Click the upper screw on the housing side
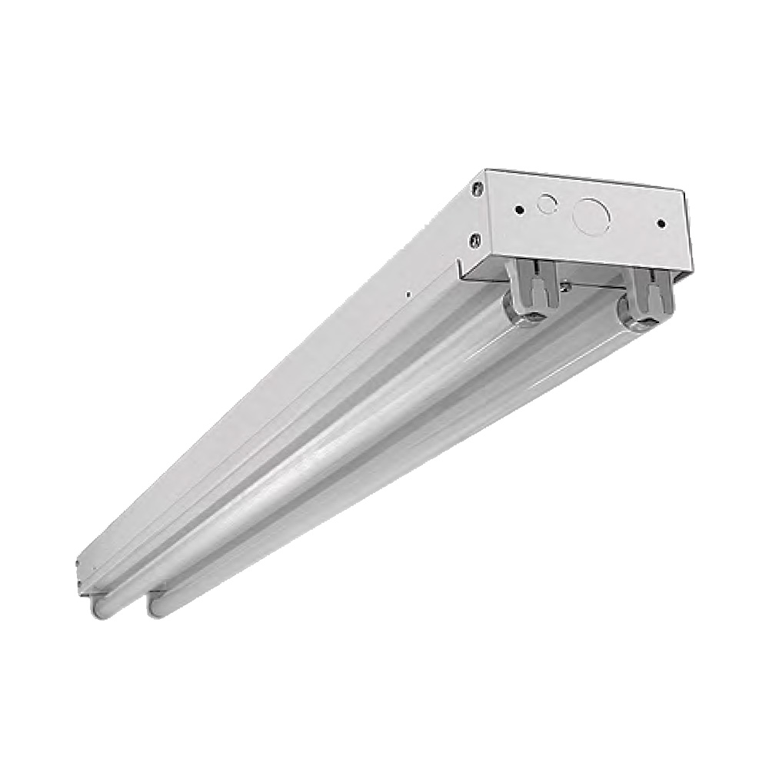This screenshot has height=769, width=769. [478, 185]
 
